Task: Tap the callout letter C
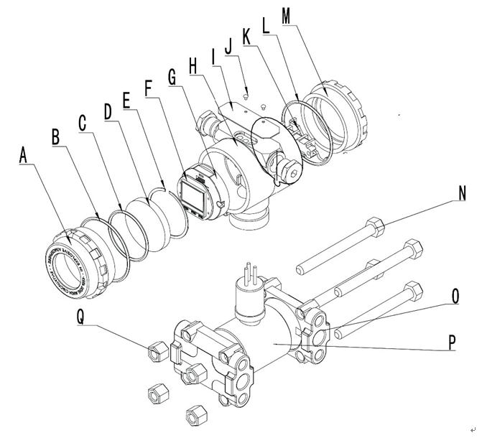click(x=83, y=121)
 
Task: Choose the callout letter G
click(x=172, y=75)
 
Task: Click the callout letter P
click(x=453, y=343)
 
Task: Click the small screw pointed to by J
click(x=247, y=93)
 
